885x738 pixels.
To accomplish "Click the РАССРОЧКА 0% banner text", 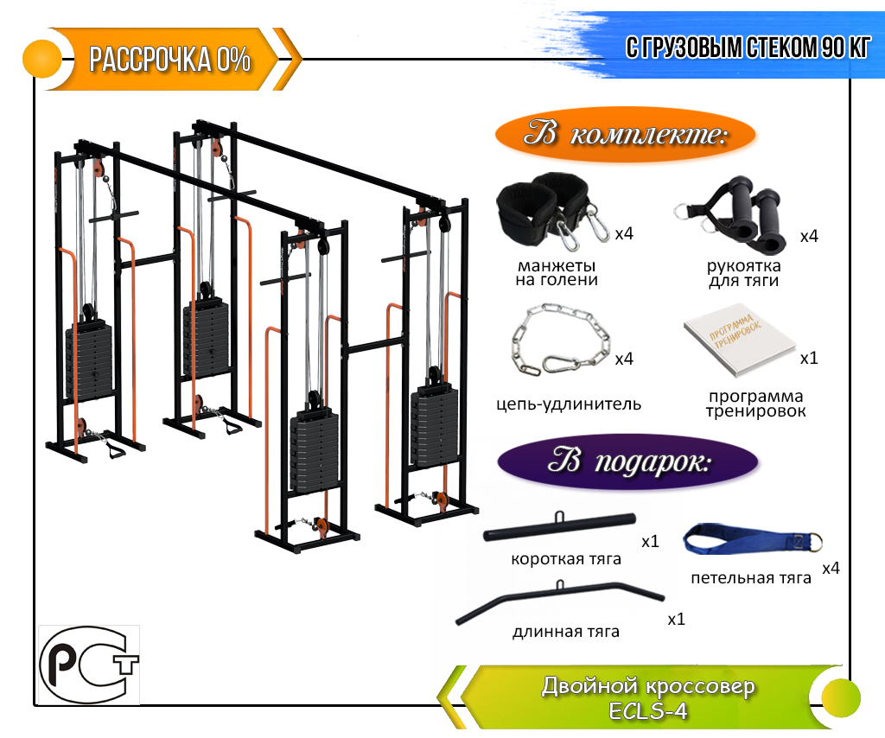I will (x=170, y=60).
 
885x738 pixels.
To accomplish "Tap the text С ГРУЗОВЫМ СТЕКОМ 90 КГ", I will (x=748, y=48).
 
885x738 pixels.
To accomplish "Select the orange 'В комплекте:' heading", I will (x=625, y=136).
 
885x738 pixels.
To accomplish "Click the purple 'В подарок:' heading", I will (x=628, y=460).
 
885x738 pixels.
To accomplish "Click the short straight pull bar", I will (x=559, y=525).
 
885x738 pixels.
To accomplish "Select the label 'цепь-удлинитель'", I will (x=569, y=404).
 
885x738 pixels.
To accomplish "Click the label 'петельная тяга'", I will (x=751, y=577).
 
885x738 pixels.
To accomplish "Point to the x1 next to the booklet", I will (x=809, y=358).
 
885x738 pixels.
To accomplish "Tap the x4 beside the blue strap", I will (x=831, y=568).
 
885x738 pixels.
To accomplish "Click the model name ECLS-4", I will (x=647, y=711).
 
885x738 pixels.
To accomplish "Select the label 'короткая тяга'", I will (x=566, y=558).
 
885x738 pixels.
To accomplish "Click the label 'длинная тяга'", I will (x=565, y=632).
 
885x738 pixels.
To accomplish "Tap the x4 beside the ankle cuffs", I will (x=624, y=234).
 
